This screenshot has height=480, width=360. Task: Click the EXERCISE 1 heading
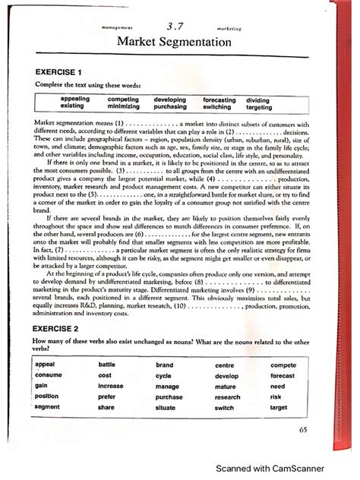click(x=57, y=72)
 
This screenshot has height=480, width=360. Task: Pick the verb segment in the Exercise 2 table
click(x=48, y=407)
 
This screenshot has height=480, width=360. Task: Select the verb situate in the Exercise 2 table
click(x=166, y=407)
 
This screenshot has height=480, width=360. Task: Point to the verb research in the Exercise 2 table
click(x=227, y=396)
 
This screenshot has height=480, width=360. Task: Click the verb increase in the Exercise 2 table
click(x=110, y=386)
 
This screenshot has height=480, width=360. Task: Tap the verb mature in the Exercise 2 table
click(x=225, y=386)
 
